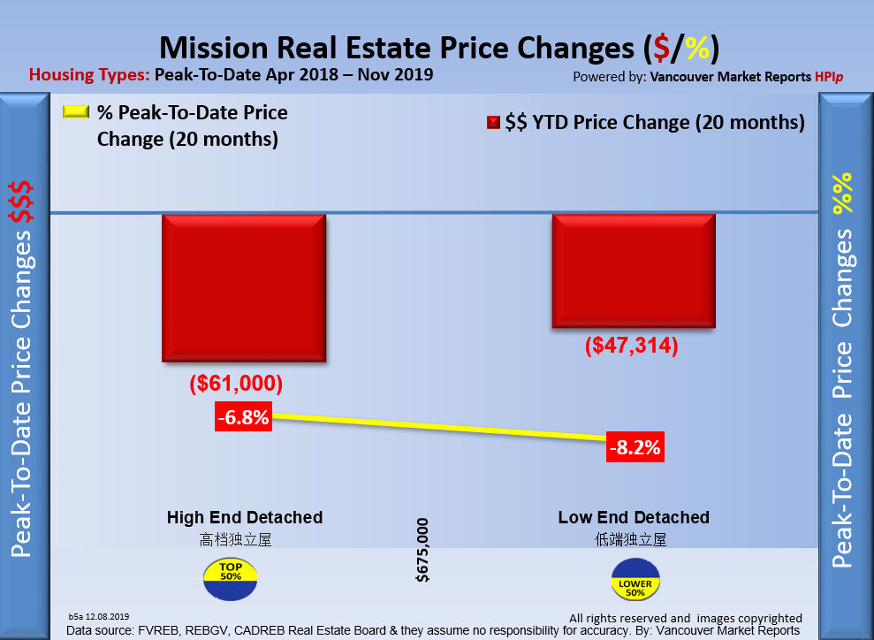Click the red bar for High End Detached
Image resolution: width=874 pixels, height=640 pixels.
(244, 287)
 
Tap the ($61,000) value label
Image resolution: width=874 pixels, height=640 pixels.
(236, 384)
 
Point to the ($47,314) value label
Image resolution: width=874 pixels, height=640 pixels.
(631, 346)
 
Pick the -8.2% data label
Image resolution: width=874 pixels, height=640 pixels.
(635, 448)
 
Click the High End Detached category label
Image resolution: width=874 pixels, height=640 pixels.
(245, 517)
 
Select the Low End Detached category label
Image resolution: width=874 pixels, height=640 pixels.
(634, 517)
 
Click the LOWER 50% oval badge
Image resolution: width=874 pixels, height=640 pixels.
(635, 583)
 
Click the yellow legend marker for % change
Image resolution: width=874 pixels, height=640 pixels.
(75, 112)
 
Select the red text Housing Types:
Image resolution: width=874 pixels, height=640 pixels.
(89, 74)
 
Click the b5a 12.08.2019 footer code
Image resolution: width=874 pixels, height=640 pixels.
(98, 615)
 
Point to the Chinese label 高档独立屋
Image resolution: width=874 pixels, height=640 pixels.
(236, 539)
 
